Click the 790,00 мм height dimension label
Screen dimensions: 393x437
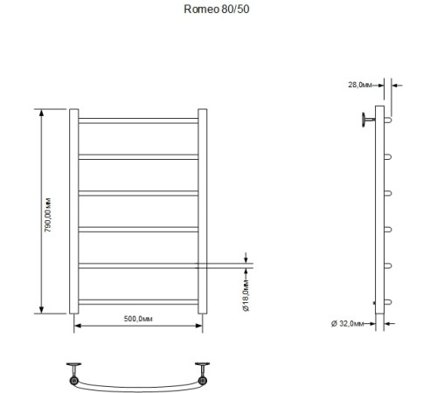pyautogui.click(x=51, y=211)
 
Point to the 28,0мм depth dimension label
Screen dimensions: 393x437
pyautogui.click(x=360, y=85)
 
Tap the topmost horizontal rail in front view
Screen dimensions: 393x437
pyautogui.click(x=138, y=120)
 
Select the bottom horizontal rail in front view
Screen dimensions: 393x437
pyautogui.click(x=138, y=302)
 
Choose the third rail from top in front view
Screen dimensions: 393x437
pyautogui.click(x=138, y=192)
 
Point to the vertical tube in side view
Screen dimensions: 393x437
pyautogui.click(x=378, y=218)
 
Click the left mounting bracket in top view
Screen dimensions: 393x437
pyautogui.click(x=76, y=371)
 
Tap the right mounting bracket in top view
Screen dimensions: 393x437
pyautogui.click(x=201, y=371)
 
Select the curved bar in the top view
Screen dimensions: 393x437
pyautogui.click(x=138, y=385)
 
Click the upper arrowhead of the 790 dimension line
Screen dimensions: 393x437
pyautogui.click(x=40, y=112)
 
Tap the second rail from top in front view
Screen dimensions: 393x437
pyautogui.click(x=138, y=155)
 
